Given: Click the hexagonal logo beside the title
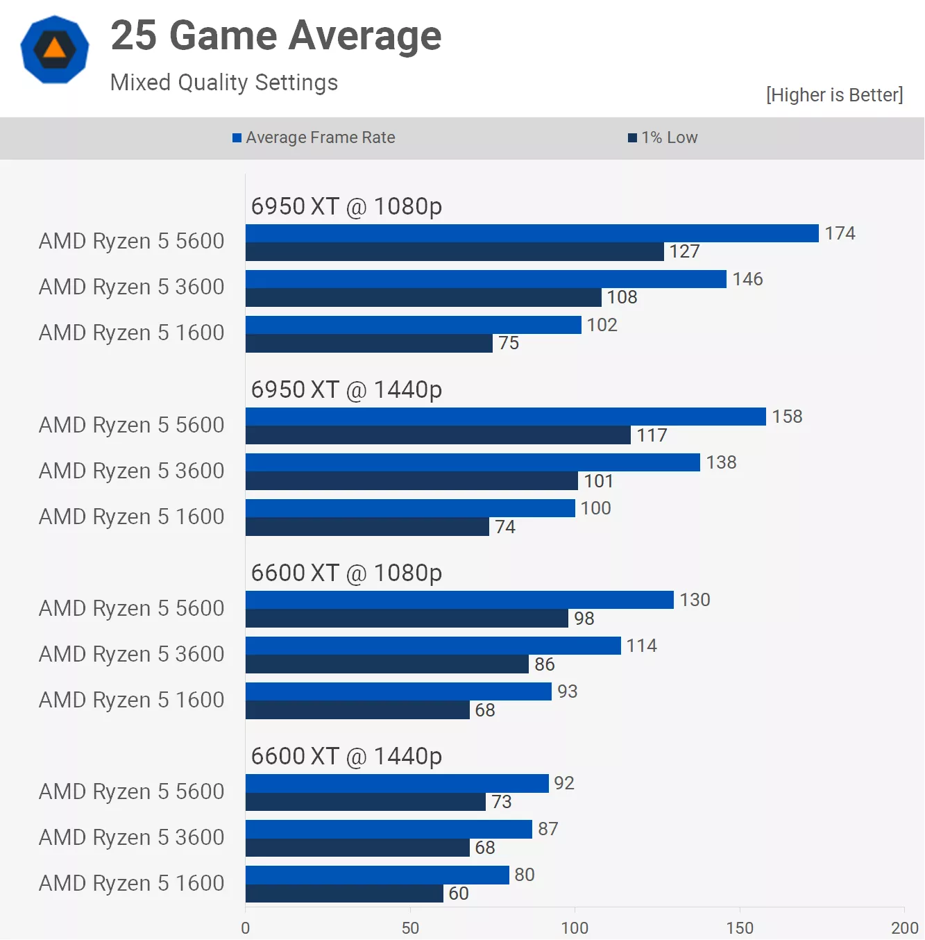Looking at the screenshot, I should click(x=55, y=49).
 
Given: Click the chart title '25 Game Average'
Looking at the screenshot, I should click(x=275, y=35).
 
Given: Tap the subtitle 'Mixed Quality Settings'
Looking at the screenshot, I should click(x=223, y=83).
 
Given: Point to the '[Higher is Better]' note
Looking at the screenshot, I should click(x=834, y=95).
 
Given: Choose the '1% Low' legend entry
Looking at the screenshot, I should click(x=663, y=137).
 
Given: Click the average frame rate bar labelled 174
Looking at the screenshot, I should click(x=532, y=233).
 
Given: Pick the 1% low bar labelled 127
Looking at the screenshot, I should click(x=455, y=252).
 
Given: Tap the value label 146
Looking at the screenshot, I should click(x=747, y=279).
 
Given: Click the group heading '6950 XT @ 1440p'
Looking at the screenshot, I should click(x=346, y=389).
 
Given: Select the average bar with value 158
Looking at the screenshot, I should click(x=505, y=417).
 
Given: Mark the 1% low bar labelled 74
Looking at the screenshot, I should click(x=367, y=527).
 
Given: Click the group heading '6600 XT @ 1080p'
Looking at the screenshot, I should click(x=346, y=573).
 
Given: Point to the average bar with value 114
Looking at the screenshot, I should click(x=433, y=646).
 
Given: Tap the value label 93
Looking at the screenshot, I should click(x=567, y=691).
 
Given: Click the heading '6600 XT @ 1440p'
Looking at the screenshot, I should click(x=346, y=756).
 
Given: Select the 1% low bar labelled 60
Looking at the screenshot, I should click(x=344, y=893).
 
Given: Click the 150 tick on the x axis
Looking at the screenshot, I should click(x=740, y=928).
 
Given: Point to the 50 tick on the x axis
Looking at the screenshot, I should click(x=410, y=928).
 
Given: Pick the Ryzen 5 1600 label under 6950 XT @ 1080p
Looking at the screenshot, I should click(x=131, y=333).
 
